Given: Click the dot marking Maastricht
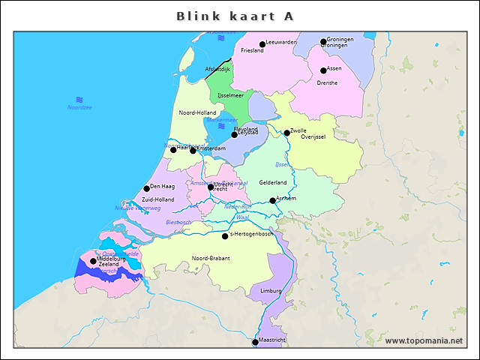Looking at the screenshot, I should click(255, 342).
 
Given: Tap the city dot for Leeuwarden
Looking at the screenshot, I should click(262, 44).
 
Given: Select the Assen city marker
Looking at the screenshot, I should click(323, 70).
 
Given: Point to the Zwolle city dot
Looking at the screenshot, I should click(286, 133).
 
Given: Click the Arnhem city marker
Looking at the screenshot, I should click(273, 200).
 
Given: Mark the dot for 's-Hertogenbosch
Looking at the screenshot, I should click(225, 236).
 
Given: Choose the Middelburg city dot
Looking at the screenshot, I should click(93, 261).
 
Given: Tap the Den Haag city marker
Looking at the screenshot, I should click(147, 189).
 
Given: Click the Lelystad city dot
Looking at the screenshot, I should click(234, 135).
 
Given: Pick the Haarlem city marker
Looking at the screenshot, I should click(173, 150).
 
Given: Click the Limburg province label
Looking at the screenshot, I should click(271, 290).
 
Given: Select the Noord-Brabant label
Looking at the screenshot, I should click(211, 258).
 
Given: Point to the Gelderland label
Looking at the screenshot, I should click(273, 182).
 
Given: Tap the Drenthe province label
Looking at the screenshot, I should click(328, 83).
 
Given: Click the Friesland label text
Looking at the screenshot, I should click(252, 51).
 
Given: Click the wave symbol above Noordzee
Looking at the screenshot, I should click(79, 99).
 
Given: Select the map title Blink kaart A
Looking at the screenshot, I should click(235, 16).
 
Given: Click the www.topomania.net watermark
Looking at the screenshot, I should click(424, 341).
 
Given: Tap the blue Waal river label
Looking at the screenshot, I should click(242, 217).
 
